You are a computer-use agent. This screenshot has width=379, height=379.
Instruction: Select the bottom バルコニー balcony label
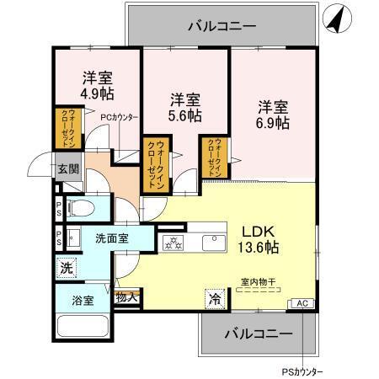(x=259, y=334)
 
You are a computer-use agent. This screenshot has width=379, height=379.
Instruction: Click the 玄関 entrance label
(x=68, y=168)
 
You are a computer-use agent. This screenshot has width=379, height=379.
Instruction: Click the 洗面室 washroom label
(x=111, y=238)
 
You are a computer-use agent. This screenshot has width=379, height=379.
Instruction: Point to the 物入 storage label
(x=127, y=296)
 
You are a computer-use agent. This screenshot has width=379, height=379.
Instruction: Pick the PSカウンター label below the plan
(x=301, y=370)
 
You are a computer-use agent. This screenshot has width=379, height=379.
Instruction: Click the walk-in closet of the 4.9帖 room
(x=67, y=129)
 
